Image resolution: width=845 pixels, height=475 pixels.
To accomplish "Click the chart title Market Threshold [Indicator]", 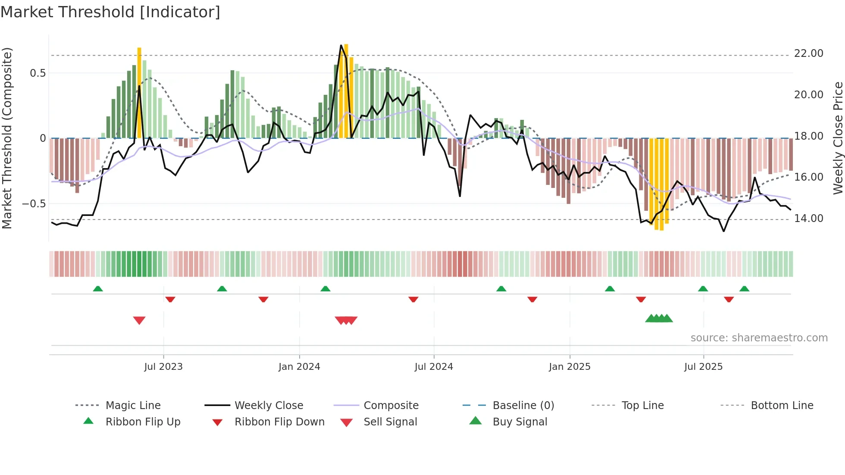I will coord(110,12).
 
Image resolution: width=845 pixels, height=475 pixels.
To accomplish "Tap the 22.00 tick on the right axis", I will coord(808,53).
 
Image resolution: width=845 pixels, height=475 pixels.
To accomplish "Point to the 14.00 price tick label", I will coord(808,219).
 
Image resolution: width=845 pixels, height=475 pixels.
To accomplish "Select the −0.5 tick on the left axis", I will coord(34,203).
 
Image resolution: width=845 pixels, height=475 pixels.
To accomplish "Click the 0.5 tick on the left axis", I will coord(38,73).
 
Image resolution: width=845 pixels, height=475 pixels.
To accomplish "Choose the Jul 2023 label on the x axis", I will coord(163,367).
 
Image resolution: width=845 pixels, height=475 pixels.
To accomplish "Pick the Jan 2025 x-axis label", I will coord(570,367).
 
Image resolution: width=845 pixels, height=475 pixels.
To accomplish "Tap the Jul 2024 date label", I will coord(434,367).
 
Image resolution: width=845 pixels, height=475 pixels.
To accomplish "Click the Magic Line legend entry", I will coord(133,406).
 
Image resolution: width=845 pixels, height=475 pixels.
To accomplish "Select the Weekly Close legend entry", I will coord(269,406).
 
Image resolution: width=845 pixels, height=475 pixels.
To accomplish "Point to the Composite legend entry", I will coord(391,406).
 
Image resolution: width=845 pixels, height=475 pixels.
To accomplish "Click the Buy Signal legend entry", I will coord(520,422).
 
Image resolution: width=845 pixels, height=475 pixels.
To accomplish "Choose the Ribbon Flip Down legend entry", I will coord(279,422).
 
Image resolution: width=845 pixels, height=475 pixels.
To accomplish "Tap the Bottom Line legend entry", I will coord(782,406).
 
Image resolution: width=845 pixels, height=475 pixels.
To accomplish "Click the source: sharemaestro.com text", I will coord(759,338).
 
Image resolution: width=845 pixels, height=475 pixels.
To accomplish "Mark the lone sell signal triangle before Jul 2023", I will coord(139,320).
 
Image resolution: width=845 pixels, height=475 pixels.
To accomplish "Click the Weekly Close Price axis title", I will coord(838,138).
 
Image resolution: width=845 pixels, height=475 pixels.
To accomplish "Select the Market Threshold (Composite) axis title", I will coord(7,138).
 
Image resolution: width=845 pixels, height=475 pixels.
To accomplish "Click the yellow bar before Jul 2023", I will coord(139,93).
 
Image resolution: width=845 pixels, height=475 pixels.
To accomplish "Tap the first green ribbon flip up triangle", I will coord(98,289).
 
